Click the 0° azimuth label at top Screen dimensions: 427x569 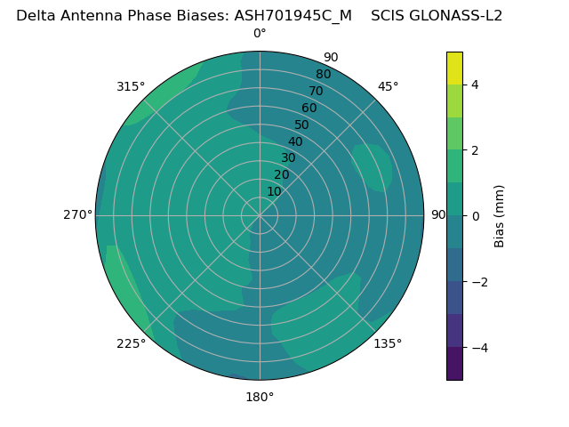pos(260,34)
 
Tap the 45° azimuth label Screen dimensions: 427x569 pos(388,86)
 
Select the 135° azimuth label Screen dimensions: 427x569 pos(388,343)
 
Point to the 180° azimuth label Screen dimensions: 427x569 pos(260,397)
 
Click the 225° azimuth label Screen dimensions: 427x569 pos(131,343)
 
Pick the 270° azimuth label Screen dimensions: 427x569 pos(77,215)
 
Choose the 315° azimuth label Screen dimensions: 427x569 pos(131,86)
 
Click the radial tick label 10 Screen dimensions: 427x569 pos(274,191)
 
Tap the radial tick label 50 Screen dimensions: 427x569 pos(302,125)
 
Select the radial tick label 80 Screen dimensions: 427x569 pos(324,75)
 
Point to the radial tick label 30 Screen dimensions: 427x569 pos(288,158)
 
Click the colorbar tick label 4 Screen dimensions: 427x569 pos(475,85)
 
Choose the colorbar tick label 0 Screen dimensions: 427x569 pos(475,215)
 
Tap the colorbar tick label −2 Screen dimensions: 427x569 pos(478,282)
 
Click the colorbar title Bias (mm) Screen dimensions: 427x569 pos(500,215)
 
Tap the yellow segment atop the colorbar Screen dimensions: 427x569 pos(454,68)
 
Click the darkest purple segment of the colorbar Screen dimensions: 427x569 pos(454,363)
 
